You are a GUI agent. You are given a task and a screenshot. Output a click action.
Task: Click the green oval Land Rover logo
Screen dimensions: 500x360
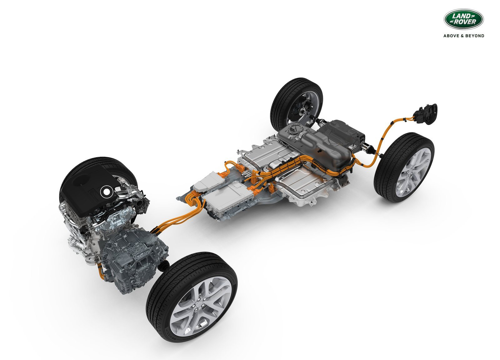coord(464,19)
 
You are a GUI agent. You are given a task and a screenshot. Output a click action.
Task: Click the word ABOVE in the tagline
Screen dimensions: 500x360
coord(451,36)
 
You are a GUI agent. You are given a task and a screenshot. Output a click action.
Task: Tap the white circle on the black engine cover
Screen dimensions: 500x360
coord(107,192)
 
